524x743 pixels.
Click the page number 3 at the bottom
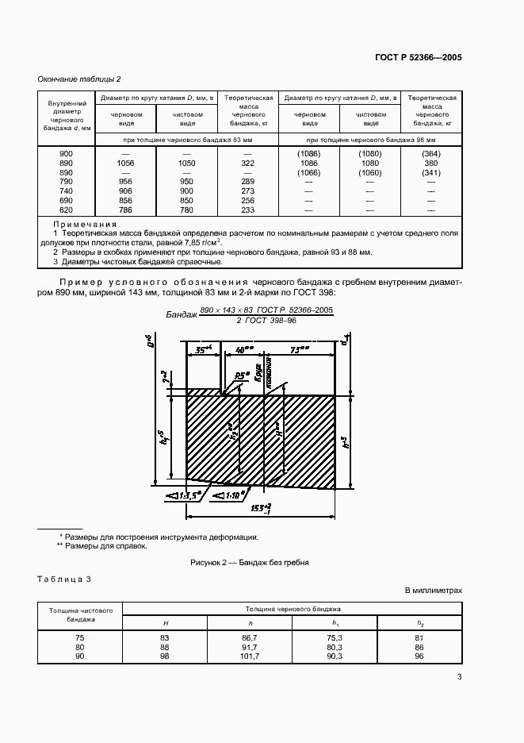pos(460,676)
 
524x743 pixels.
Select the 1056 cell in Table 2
pos(125,162)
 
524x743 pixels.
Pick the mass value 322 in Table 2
pos(247,162)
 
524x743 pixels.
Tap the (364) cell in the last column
pos(432,152)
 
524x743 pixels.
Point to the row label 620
pos(67,210)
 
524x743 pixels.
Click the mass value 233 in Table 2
pos(247,210)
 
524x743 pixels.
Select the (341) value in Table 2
pos(432,171)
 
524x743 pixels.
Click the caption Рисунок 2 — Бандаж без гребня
pos(250,562)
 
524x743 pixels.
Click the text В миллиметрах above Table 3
pos(433,591)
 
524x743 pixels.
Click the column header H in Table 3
pos(165,622)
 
